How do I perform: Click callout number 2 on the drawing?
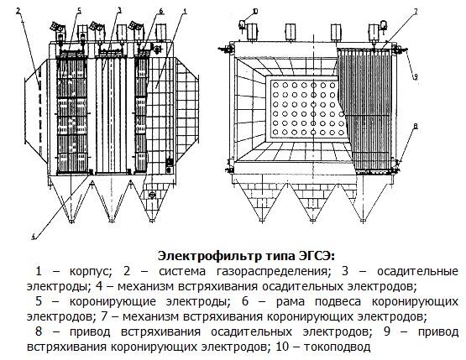point(18,11)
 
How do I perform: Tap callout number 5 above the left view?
point(79,11)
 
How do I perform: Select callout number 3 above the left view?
point(119,11)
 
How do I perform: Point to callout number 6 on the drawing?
point(161,11)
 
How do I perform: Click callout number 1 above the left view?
point(185,12)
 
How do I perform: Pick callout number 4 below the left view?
point(34,237)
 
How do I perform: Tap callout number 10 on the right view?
point(255,12)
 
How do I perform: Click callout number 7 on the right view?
point(416,12)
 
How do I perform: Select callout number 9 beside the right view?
point(416,76)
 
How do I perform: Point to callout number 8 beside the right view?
point(416,126)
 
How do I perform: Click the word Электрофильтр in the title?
point(208,256)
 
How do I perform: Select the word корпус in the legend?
point(91,272)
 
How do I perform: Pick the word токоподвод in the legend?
point(338,347)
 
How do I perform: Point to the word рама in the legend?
point(291,302)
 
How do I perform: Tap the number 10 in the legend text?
point(282,347)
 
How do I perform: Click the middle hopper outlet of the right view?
point(312,221)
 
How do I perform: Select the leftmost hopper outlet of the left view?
point(71,221)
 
